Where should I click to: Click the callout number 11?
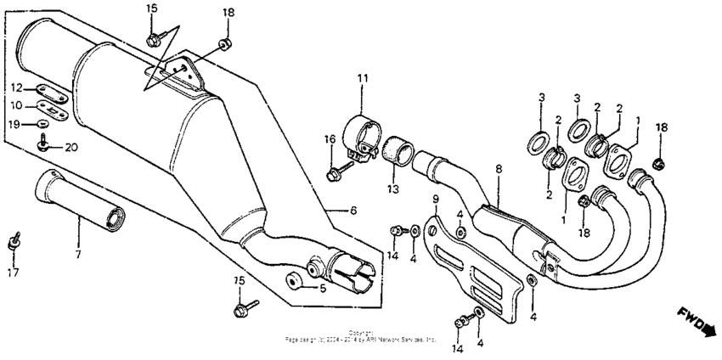coord(363,79)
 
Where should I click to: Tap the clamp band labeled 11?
coord(361,137)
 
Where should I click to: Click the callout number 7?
coord(77,254)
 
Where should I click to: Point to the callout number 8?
coord(499,170)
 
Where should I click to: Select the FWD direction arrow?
coord(697,322)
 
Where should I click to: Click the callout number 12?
coord(16,87)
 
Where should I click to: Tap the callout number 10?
coord(16,105)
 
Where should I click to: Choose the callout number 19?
coord(16,124)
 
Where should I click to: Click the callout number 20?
coord(71,146)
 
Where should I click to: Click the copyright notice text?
coord(361,336)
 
